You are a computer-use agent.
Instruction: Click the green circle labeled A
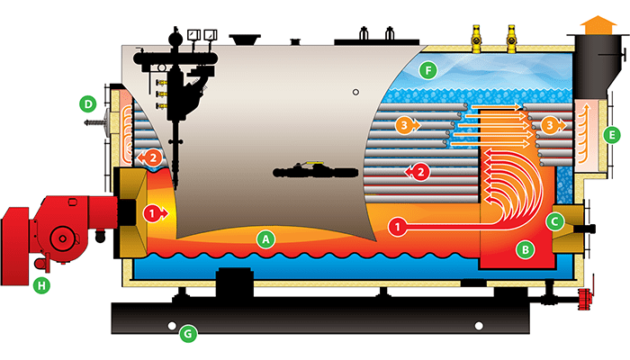[x=265, y=239]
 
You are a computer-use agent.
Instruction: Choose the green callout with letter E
[x=613, y=136]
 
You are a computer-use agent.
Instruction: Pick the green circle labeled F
[x=429, y=69]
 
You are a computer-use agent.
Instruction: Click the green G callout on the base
[x=188, y=335]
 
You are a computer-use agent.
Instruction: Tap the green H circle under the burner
[x=40, y=287]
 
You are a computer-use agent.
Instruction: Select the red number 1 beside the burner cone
[x=152, y=213]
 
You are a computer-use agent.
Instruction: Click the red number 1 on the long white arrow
[x=396, y=226]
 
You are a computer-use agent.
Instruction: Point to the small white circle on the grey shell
[x=357, y=92]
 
